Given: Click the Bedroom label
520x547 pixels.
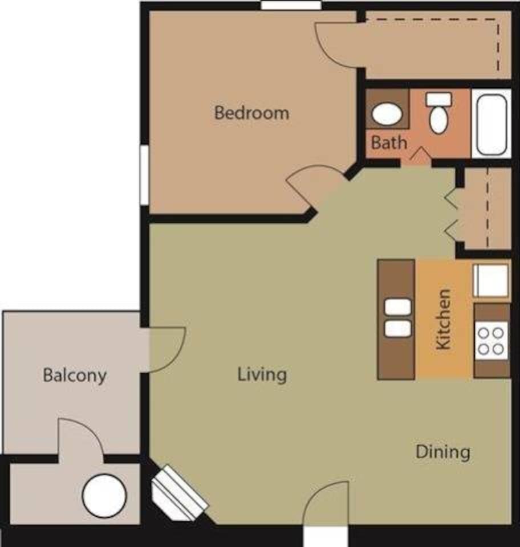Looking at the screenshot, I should coord(251,112).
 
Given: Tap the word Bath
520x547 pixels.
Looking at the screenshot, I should coord(389,142).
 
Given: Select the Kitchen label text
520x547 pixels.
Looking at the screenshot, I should coord(443,319).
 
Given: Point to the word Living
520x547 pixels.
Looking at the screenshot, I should coord(262,374).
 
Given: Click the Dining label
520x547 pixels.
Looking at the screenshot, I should coord(442,452).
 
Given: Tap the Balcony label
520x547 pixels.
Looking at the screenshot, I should coord(75,375).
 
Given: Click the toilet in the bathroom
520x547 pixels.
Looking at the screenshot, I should coord(438,113).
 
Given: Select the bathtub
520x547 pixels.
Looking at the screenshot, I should coord(491,123).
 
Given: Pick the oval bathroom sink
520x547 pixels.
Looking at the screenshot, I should coord(387,114).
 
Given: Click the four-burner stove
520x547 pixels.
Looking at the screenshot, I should coord(491,340).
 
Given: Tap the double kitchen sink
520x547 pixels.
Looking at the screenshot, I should coord(397,318).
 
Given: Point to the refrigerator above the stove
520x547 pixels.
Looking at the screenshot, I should coord(490,280).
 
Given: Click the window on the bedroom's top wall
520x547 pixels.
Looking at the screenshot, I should coord(291,5).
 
